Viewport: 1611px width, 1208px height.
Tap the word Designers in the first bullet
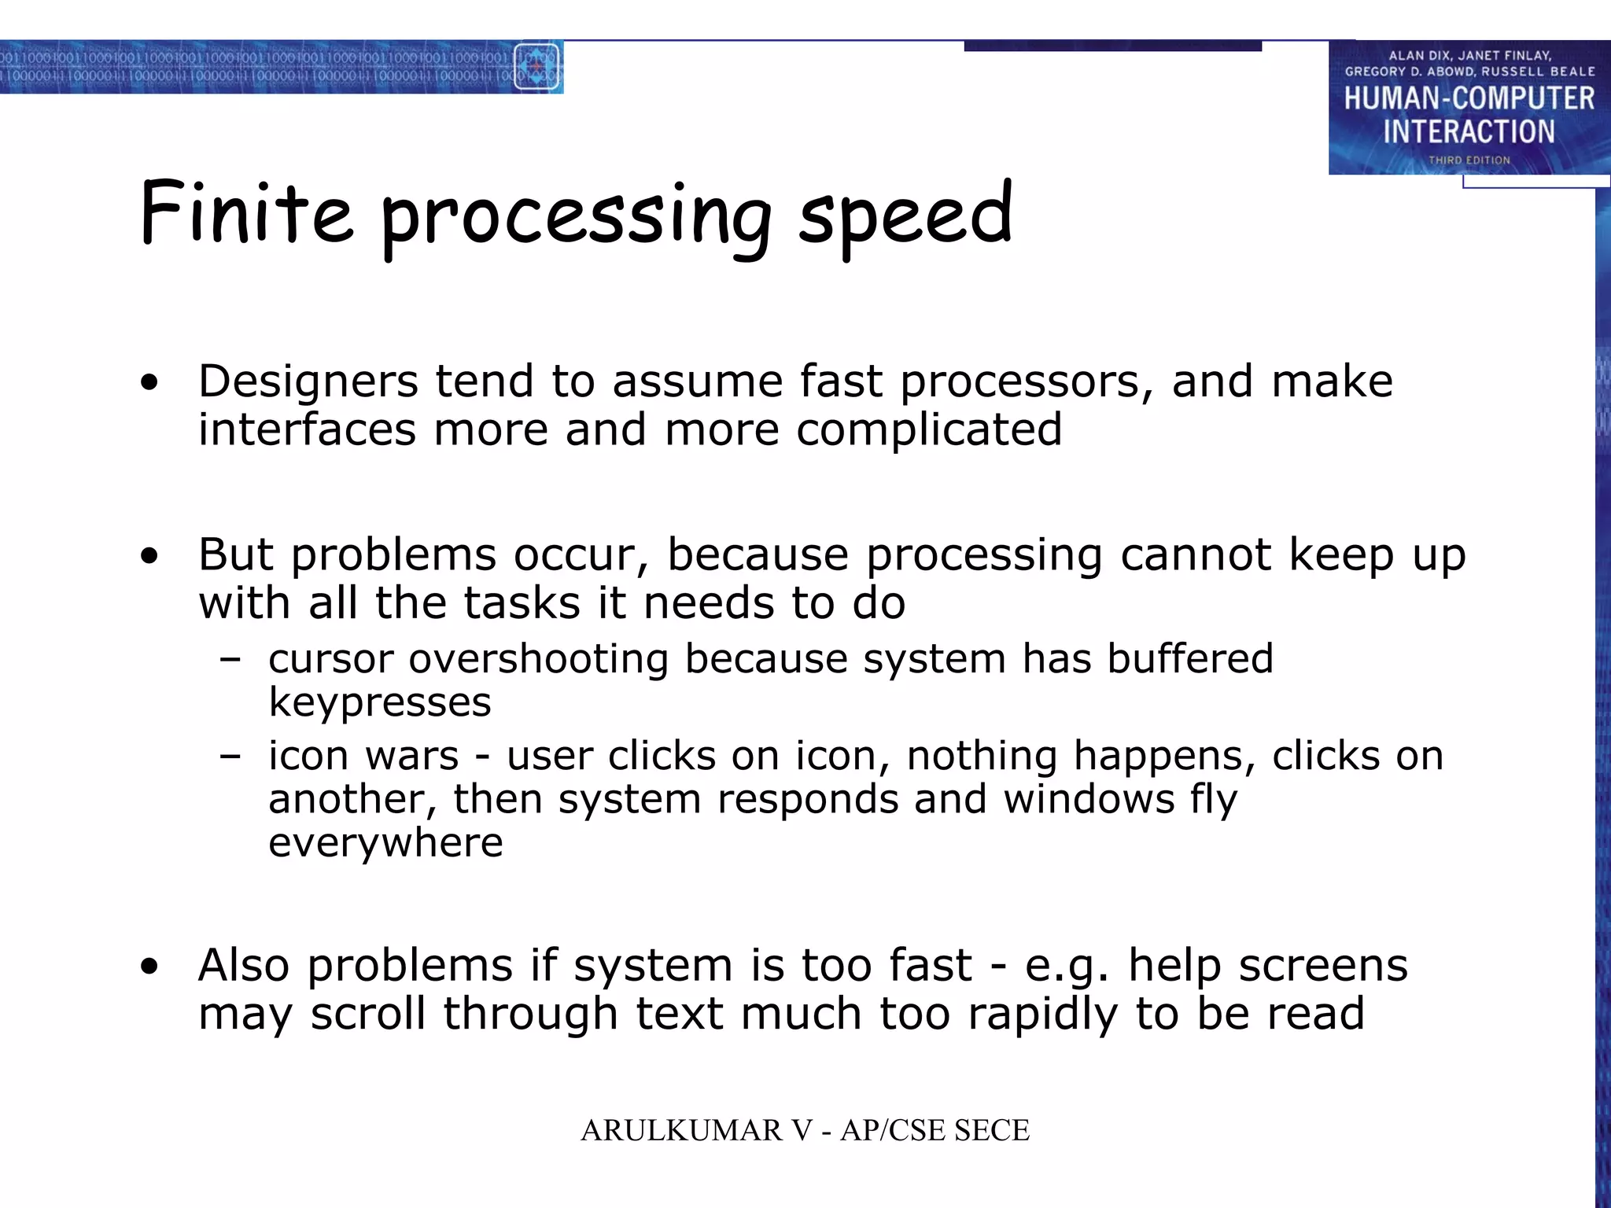tap(308, 382)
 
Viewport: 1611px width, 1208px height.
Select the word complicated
tap(929, 431)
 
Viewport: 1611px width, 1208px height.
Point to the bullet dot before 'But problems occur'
tap(149, 558)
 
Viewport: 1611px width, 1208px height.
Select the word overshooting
tap(538, 659)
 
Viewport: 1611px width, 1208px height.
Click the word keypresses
tap(380, 702)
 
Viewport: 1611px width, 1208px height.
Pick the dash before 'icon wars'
tap(230, 757)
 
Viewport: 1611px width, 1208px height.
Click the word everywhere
tap(385, 843)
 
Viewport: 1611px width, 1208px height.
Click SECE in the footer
tap(991, 1131)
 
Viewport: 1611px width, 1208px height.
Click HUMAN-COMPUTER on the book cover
tap(1469, 99)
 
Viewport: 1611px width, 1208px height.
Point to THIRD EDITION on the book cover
tap(1469, 160)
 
